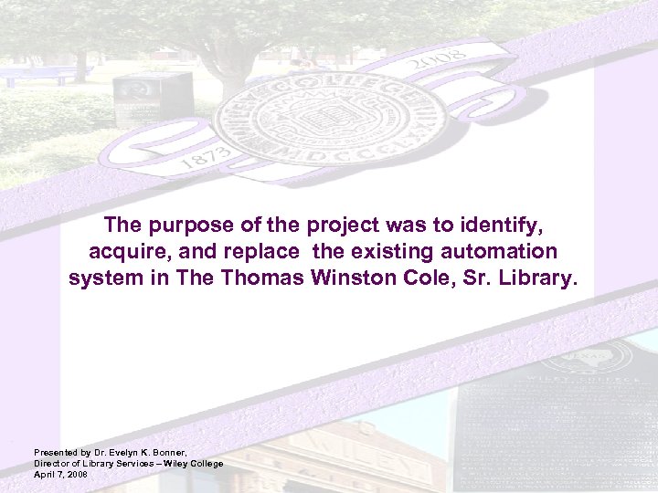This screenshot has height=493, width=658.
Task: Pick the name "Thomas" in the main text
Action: [261, 278]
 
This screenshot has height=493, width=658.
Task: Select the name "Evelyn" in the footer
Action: [122, 453]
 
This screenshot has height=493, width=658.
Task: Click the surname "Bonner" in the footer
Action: [169, 453]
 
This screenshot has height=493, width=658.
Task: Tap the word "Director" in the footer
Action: [52, 464]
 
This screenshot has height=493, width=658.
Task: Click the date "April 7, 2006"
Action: [60, 475]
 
